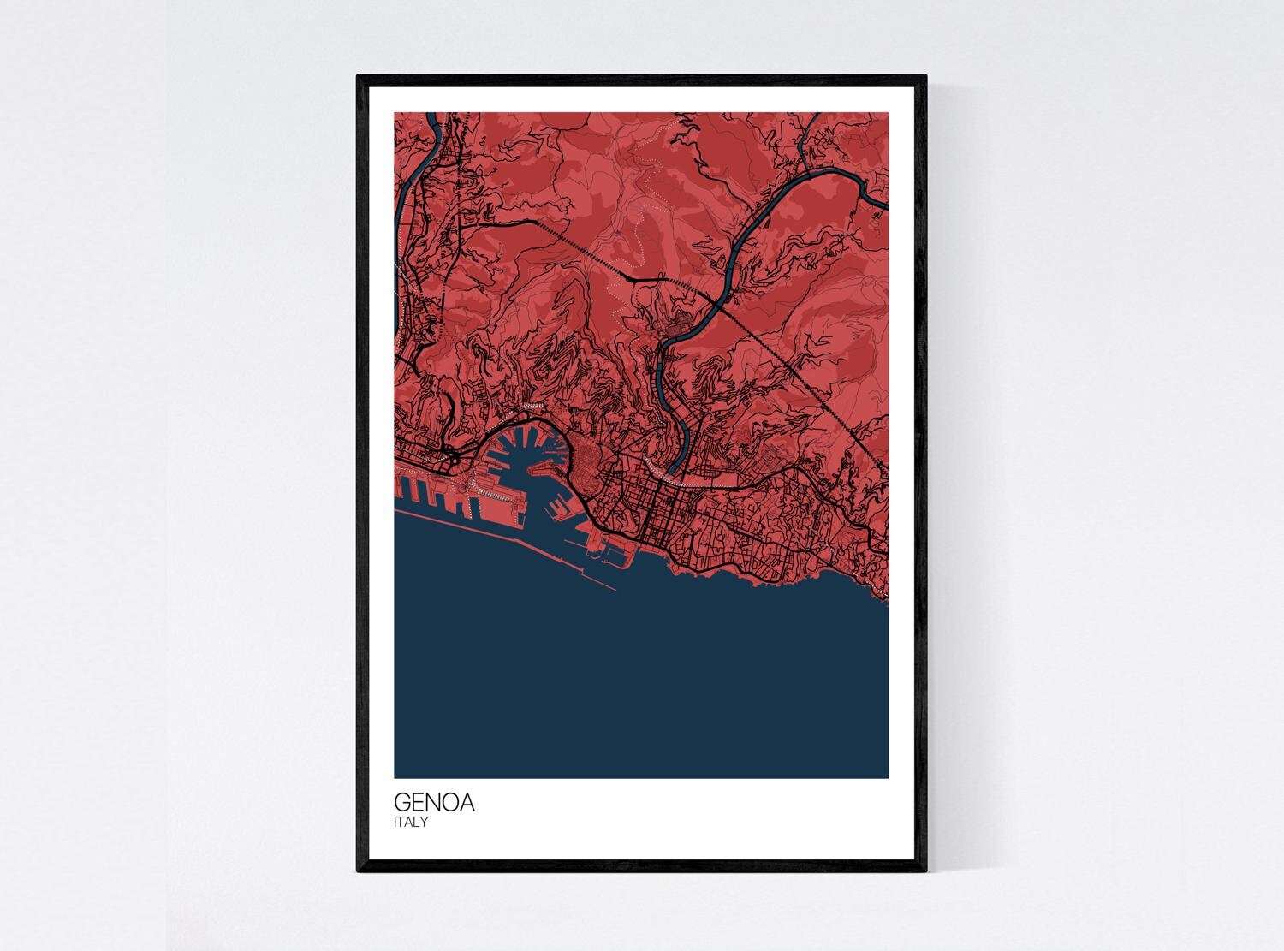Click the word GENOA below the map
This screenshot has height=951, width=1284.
434,804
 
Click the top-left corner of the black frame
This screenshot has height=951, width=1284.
359,77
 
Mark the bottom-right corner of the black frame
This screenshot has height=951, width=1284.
925,871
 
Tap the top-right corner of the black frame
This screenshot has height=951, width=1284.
925,77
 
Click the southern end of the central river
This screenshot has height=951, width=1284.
673,467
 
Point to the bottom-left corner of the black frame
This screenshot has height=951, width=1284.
359,871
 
